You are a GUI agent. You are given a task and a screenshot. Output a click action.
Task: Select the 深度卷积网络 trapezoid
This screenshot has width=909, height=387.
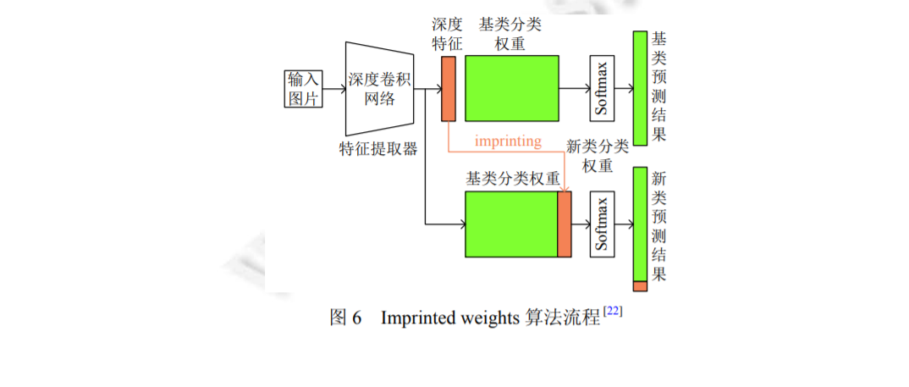pyautogui.click(x=379, y=89)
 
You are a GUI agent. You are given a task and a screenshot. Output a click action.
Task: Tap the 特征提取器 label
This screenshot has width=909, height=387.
pyautogui.click(x=378, y=149)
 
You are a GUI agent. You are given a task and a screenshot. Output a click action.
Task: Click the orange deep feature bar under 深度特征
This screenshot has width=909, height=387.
pyautogui.click(x=448, y=88)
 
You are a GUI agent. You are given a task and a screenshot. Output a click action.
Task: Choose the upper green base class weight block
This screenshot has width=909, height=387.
pyautogui.click(x=511, y=88)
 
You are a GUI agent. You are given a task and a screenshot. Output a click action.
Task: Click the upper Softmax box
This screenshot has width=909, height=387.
pyautogui.click(x=602, y=88)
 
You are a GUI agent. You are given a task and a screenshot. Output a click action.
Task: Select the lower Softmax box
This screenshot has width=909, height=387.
pyautogui.click(x=602, y=224)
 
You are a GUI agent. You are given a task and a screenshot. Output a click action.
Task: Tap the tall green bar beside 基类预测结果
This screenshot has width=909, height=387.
pyautogui.click(x=640, y=88)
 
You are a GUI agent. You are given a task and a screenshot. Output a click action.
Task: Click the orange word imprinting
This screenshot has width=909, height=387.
pyautogui.click(x=508, y=141)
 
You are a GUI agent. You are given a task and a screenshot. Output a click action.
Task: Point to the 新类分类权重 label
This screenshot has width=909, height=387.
pyautogui.click(x=598, y=155)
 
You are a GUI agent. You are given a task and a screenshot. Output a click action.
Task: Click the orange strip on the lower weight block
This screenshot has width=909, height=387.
pyautogui.click(x=565, y=224)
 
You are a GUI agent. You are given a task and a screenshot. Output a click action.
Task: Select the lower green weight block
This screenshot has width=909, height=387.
pyautogui.click(x=510, y=224)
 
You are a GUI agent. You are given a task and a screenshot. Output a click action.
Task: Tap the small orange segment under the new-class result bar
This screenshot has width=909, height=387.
pyautogui.click(x=640, y=286)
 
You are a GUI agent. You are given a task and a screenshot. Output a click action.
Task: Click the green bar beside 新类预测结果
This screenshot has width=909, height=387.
pyautogui.click(x=640, y=224)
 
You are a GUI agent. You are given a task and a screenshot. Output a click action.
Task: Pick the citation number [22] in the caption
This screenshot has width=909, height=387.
pyautogui.click(x=613, y=312)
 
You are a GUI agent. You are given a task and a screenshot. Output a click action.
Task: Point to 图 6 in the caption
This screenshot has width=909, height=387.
pyautogui.click(x=345, y=318)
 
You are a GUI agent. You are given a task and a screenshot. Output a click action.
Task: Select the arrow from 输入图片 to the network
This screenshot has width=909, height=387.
pyautogui.click(x=334, y=88)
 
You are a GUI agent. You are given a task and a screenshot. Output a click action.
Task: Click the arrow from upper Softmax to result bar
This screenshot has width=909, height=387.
pyautogui.click(x=623, y=88)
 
